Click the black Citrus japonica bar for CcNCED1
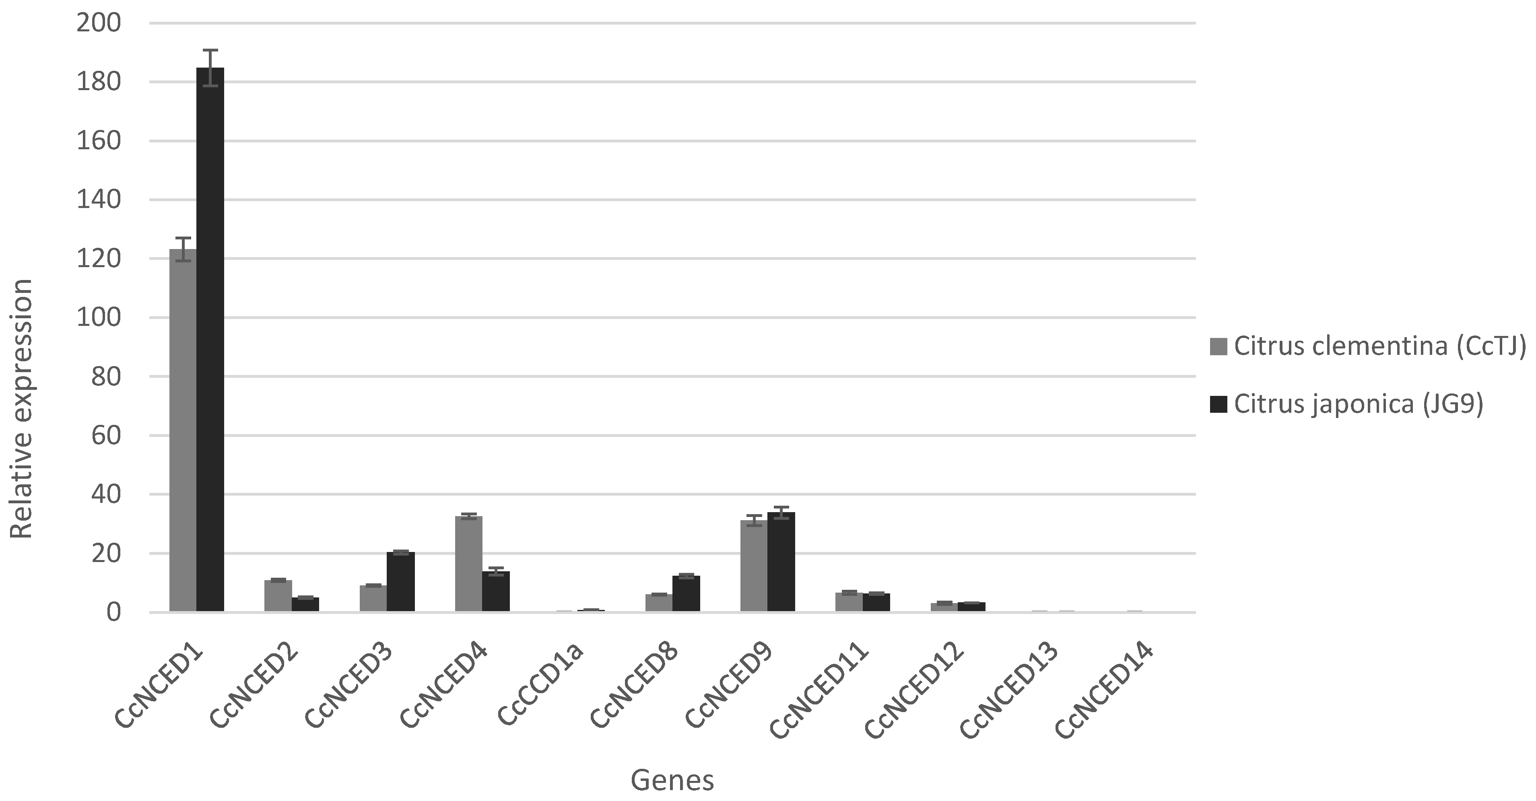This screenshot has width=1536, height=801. [x=210, y=340]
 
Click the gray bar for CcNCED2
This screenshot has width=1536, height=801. [x=278, y=595]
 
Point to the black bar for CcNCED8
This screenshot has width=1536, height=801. [x=686, y=593]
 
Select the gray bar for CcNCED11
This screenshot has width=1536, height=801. [x=849, y=601]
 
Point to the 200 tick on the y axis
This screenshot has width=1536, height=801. [x=98, y=23]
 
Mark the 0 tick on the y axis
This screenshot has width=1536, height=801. [x=113, y=612]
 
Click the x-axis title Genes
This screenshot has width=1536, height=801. [x=672, y=780]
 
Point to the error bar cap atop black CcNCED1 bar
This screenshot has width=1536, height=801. [x=210, y=50]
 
